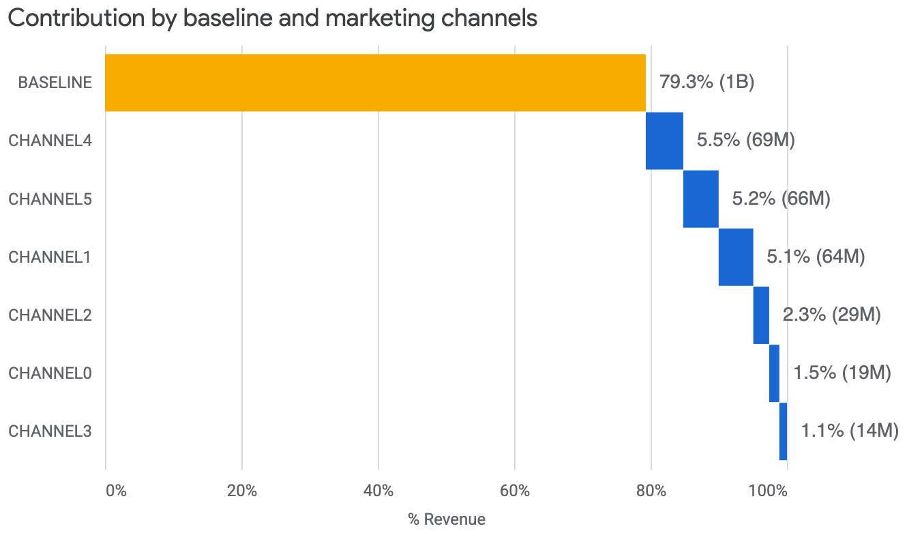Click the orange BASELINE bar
[375, 83]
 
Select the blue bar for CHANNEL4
[664, 141]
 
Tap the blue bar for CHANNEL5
[700, 199]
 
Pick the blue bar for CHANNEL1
[736, 257]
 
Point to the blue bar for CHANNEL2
[761, 315]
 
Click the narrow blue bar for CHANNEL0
[774, 373]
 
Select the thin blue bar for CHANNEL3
[783, 431]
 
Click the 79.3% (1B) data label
[707, 83]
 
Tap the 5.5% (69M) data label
[745, 141]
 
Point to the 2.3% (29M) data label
[831, 315]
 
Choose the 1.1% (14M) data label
[849, 431]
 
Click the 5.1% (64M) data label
[816, 257]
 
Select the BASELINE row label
[55, 83]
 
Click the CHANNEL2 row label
[50, 315]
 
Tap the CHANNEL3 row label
[50, 431]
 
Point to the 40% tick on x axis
[378, 491]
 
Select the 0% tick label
[116, 491]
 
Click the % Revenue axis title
[447, 519]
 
